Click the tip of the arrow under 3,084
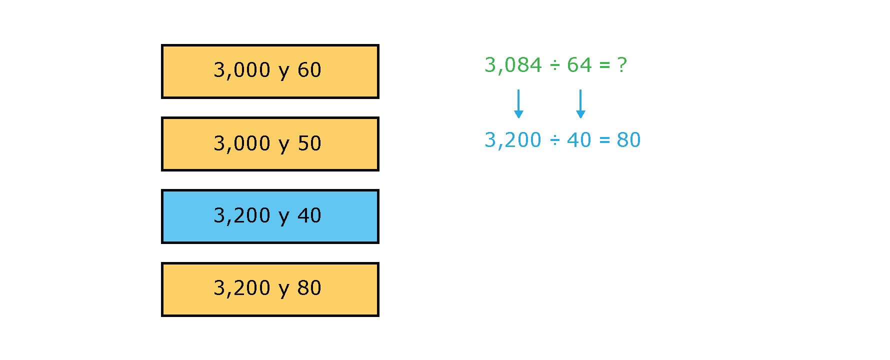coord(518,118)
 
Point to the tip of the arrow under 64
coord(580,118)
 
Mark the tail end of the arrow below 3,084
coord(518,90)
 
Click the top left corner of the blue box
coord(161,189)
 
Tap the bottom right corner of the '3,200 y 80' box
coord(379,316)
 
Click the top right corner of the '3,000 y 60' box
coord(379,44)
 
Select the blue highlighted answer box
coord(270,216)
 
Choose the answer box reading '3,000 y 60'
coord(270,71)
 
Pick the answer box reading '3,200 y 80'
coord(270,289)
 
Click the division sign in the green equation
coord(554,65)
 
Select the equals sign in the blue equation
coord(604,140)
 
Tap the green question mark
coord(622,65)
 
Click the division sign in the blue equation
coord(554,140)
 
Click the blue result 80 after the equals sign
coord(628,140)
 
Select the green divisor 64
coord(579,65)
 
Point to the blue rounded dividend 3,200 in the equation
coord(513,140)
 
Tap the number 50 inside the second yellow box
coord(309,143)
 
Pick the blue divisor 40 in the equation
coord(579,140)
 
